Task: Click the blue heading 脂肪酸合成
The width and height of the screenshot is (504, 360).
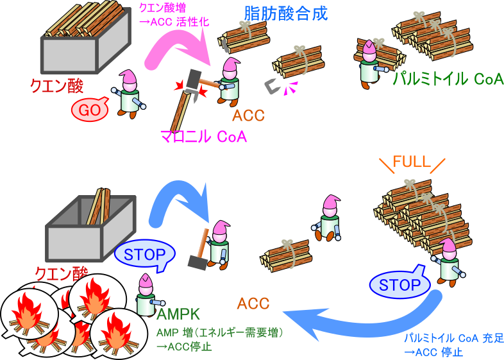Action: pos(285,13)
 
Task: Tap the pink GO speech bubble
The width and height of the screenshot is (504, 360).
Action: pos(90,110)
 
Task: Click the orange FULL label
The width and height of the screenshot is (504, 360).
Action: pos(411,162)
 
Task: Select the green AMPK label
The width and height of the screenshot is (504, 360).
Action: pos(179,314)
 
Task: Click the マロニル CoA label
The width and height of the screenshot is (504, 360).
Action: pos(203,136)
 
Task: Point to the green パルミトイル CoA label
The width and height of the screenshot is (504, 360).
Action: pos(448,78)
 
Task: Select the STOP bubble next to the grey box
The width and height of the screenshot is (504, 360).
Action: pos(144,254)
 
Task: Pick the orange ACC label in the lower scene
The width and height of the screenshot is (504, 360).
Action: pos(253,303)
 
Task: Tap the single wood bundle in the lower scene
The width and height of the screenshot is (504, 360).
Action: pos(285,254)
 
